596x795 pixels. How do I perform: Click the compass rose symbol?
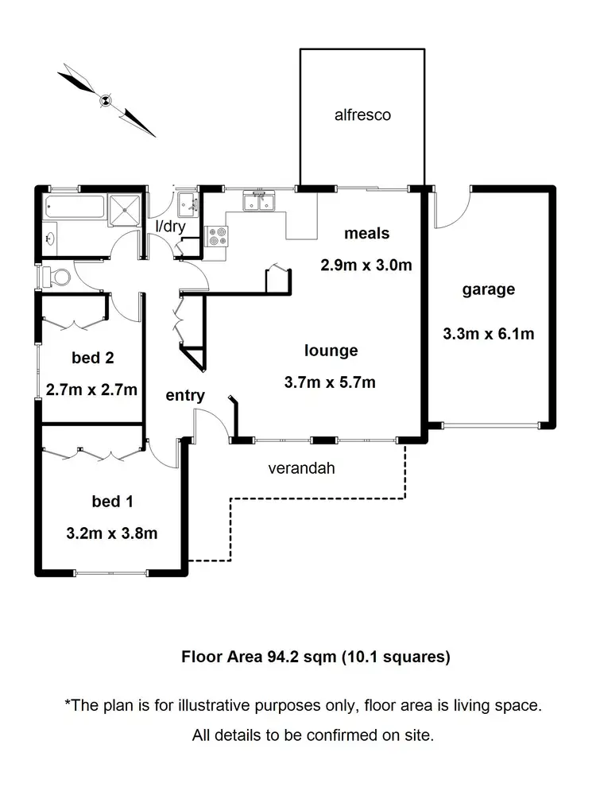pyautogui.click(x=106, y=99)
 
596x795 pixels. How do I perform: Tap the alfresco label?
pyautogui.click(x=362, y=115)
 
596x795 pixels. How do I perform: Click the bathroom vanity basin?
pyautogui.click(x=50, y=238)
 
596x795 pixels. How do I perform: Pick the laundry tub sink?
pyautogui.click(x=188, y=203)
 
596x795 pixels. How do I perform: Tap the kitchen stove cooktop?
pyautogui.click(x=217, y=235)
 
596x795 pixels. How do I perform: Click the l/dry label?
pyautogui.click(x=169, y=226)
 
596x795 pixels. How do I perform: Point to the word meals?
pyautogui.click(x=366, y=233)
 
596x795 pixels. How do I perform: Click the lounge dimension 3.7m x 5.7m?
pyautogui.click(x=330, y=382)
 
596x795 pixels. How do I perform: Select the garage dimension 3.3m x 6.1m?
pyautogui.click(x=488, y=334)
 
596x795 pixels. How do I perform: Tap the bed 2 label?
pyautogui.click(x=93, y=358)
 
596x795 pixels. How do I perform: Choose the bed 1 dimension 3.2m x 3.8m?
pyautogui.click(x=111, y=533)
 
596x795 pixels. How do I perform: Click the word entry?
pyautogui.click(x=185, y=395)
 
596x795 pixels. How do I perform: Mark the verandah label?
pyautogui.click(x=301, y=468)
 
